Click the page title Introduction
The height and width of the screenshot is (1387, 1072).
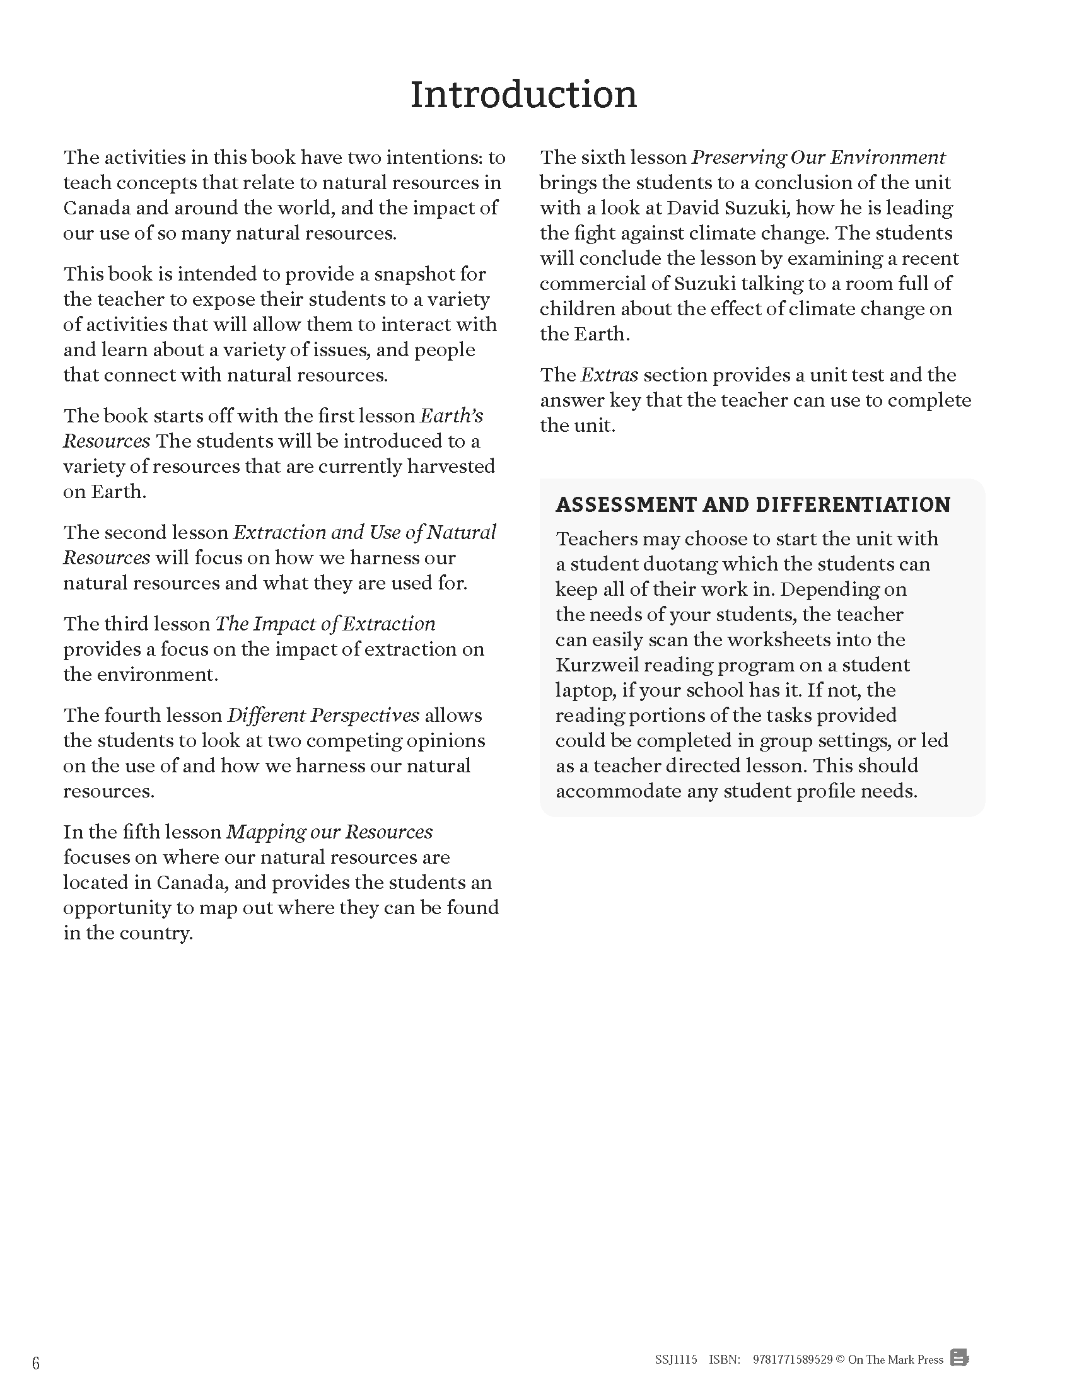click(523, 95)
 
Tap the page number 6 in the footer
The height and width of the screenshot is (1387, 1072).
click(36, 1363)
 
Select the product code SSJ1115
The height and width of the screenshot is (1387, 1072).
click(676, 1360)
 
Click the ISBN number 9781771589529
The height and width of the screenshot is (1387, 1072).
click(792, 1360)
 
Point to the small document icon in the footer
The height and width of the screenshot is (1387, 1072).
click(959, 1359)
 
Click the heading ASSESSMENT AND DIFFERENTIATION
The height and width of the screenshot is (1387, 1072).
click(752, 505)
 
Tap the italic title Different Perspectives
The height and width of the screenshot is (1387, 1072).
click(323, 716)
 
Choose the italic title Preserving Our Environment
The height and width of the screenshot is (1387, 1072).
click(818, 158)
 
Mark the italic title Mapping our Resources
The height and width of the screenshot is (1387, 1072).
click(330, 832)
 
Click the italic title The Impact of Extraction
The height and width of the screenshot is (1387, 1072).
click(325, 624)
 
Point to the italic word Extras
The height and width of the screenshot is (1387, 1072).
click(609, 375)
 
